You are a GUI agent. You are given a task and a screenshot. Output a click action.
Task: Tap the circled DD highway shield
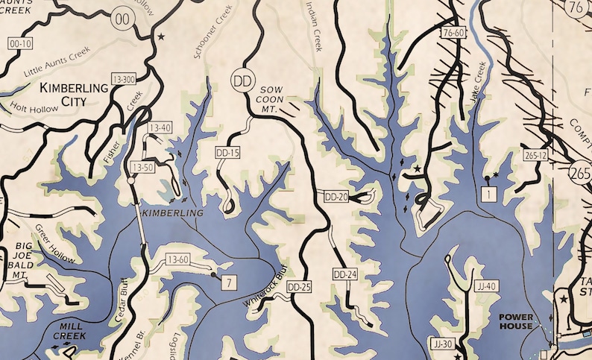coord(240,79)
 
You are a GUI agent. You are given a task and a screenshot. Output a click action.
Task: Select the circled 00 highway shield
coord(122,19)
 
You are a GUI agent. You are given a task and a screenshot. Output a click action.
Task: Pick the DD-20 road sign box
coord(337,197)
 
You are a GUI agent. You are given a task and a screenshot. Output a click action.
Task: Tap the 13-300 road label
coord(123,79)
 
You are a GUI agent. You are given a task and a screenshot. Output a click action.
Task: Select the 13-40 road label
coord(160,128)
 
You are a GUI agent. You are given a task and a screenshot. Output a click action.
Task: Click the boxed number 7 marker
coord(228,281)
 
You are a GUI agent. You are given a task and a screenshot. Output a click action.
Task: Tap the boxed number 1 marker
coord(488,195)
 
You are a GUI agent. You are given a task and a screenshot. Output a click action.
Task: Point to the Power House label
coord(516,322)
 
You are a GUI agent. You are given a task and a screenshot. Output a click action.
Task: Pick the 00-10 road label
coord(20,44)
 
